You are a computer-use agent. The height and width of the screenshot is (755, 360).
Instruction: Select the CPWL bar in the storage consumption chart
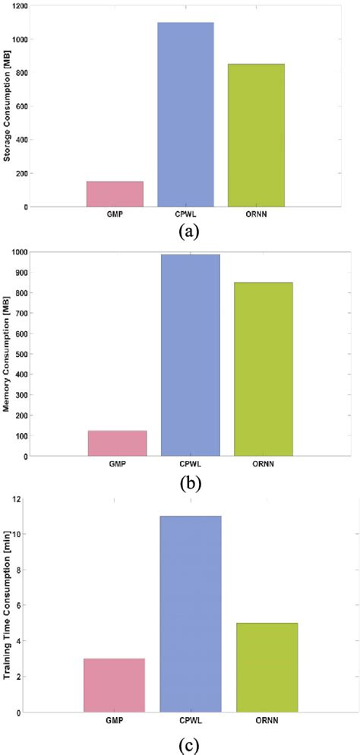pyautogui.click(x=185, y=114)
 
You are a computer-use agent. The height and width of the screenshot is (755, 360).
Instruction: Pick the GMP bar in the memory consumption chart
pyautogui.click(x=117, y=444)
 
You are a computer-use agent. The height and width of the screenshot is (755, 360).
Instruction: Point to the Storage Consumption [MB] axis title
pyautogui.click(x=8, y=107)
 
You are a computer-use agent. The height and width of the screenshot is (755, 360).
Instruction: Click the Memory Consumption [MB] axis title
pyautogui.click(x=8, y=355)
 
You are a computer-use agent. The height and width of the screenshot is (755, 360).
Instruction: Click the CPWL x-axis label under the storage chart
pyautogui.click(x=185, y=215)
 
